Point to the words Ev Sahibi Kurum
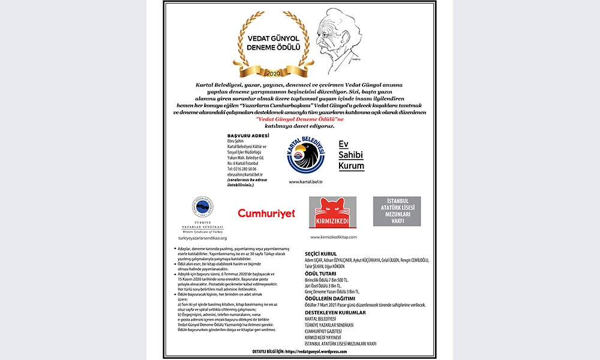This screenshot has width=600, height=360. [x=352, y=155]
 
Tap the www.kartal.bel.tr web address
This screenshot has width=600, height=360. [x=306, y=181]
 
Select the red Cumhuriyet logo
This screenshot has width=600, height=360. [x=266, y=213]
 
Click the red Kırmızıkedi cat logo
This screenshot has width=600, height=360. [x=332, y=212]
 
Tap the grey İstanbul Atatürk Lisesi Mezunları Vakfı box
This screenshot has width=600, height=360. [x=397, y=211]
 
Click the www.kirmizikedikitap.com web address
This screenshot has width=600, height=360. [x=334, y=237]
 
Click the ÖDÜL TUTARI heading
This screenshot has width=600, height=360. [x=322, y=273]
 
